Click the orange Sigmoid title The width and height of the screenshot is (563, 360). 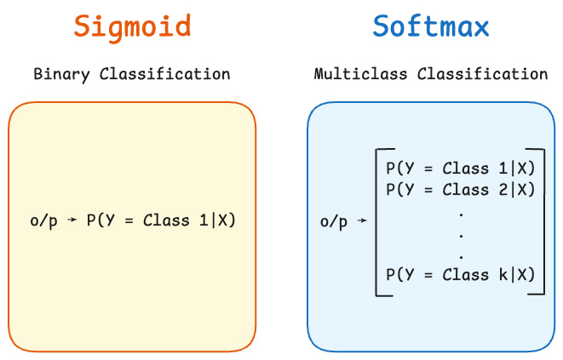[x=132, y=26]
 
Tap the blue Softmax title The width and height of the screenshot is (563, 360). [x=431, y=26]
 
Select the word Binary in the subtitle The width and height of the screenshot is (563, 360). [x=62, y=74]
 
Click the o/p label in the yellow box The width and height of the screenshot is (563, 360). [x=43, y=221]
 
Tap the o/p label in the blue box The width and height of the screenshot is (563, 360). [x=334, y=222]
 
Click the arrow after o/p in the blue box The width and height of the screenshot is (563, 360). [x=362, y=222]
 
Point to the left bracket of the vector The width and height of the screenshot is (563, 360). [x=378, y=221]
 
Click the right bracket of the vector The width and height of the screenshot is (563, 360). [x=542, y=221]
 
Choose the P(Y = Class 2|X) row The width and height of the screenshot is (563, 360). [x=460, y=189]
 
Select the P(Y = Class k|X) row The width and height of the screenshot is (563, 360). [x=460, y=274]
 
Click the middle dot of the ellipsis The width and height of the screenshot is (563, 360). [x=461, y=233]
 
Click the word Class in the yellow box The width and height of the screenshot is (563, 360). [x=166, y=221]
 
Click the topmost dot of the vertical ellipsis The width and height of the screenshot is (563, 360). [x=461, y=212]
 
